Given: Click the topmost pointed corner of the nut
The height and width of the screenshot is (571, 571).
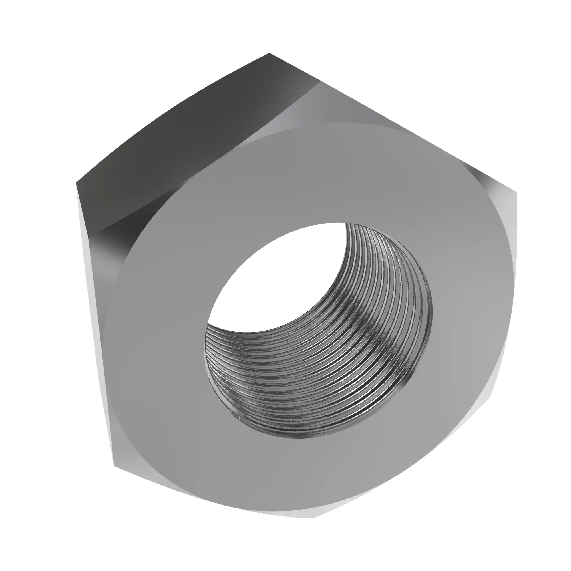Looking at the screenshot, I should coord(269,54).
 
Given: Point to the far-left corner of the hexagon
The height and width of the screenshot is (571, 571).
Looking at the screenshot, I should coord(77,184).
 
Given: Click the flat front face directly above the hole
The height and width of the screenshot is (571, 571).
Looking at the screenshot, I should coord(295,177).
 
